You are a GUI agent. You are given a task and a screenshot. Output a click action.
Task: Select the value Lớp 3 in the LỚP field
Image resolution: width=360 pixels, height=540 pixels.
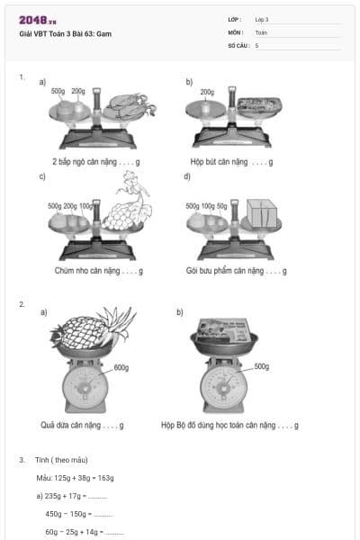pos(262,19)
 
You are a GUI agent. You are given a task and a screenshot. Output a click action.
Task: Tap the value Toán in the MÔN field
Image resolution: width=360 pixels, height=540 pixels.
pos(261,31)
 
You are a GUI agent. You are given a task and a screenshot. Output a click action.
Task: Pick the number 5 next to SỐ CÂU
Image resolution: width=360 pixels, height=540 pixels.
pos(256,44)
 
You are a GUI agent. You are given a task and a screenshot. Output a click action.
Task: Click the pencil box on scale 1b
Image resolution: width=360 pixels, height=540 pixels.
pos(258,106)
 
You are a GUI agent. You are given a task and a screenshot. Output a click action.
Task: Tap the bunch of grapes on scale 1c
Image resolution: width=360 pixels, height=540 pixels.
pos(128,211)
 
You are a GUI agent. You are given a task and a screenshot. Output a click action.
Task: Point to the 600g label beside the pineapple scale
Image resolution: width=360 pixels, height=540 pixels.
pos(121,367)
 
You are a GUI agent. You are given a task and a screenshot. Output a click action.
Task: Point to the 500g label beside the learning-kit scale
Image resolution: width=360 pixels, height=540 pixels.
pos(261,366)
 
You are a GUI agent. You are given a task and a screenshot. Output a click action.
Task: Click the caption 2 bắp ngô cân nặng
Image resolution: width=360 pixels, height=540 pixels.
pos(94,162)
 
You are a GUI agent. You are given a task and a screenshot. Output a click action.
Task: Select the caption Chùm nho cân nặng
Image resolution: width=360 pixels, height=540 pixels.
pos(97,270)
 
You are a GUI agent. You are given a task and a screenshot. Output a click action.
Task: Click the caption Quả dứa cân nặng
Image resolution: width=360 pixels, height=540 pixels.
pos(81,425)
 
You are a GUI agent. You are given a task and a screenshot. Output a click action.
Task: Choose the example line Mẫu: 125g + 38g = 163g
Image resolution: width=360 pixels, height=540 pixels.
pos(75,478)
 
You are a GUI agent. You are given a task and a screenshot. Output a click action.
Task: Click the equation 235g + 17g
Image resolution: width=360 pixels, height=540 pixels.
pos(71,496)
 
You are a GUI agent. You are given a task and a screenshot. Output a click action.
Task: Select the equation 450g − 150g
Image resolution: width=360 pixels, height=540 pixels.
pos(78,514)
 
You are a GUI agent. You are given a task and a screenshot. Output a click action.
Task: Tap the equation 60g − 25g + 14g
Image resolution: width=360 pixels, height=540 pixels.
pos(84,532)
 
